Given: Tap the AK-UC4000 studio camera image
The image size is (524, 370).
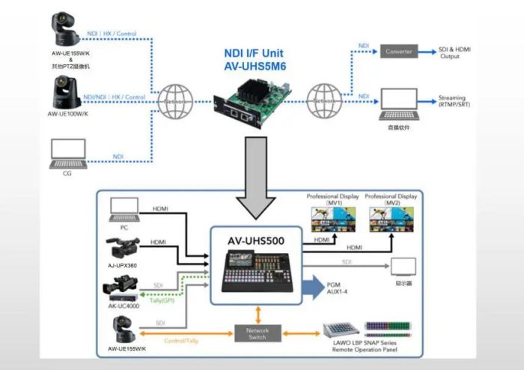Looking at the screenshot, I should point(123,287).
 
